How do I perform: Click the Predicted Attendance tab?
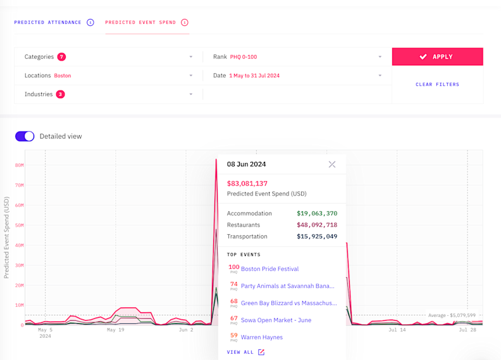[x=48, y=22]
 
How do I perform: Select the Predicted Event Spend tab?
[x=141, y=22]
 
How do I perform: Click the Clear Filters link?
[x=437, y=84]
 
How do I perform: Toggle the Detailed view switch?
[x=25, y=136]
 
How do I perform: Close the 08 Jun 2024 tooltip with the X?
[x=332, y=164]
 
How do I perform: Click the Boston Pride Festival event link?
[x=269, y=269]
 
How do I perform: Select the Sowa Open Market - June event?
[x=276, y=320]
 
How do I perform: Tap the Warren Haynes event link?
[x=262, y=337]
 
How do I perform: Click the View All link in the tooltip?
[x=245, y=352]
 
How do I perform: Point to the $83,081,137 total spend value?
[x=247, y=183]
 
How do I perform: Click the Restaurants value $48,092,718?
[x=317, y=225]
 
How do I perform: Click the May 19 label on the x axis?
[x=115, y=330]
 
